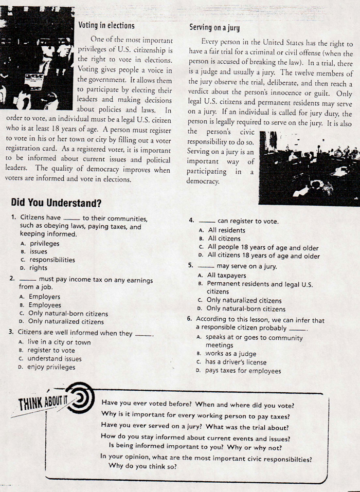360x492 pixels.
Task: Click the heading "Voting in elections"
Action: (x=106, y=25)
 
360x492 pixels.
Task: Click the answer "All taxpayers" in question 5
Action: (x=228, y=275)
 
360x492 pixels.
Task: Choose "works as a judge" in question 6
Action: (x=230, y=354)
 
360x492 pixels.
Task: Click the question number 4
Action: (x=191, y=221)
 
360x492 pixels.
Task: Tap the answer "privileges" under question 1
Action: (x=44, y=243)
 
